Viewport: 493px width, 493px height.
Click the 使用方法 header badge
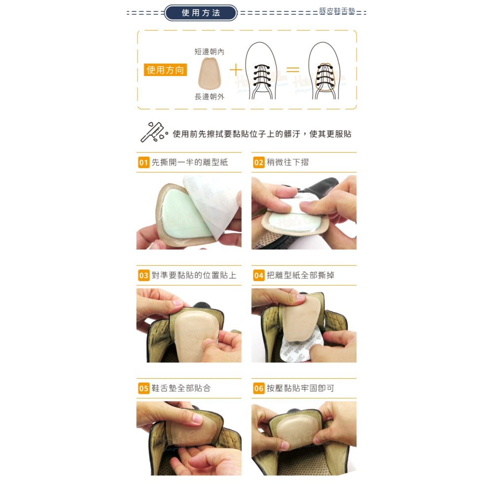tap(201, 13)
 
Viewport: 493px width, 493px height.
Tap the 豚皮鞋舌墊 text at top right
tap(337, 11)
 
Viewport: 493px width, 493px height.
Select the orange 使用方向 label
tap(165, 70)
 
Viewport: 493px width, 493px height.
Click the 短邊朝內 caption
tap(210, 52)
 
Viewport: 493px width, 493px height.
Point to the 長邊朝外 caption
tap(210, 97)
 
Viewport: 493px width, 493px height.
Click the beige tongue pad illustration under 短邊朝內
tap(210, 73)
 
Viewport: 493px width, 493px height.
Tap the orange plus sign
tap(236, 70)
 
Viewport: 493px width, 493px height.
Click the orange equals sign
tap(293, 69)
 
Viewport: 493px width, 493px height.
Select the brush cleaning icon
tap(153, 132)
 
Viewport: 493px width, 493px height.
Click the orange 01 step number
tap(143, 162)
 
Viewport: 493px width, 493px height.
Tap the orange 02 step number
tap(259, 162)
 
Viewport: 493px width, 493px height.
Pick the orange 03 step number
tap(143, 276)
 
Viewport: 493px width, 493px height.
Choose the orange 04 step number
tap(259, 276)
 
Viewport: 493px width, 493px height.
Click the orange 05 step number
tap(143, 388)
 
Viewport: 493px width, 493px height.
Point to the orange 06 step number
tap(259, 388)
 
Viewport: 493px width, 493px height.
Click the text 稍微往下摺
tap(288, 162)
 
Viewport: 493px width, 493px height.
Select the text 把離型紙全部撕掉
tap(301, 276)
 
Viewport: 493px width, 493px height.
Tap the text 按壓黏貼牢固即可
tap(301, 388)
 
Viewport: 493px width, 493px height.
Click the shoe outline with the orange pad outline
tap(325, 70)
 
